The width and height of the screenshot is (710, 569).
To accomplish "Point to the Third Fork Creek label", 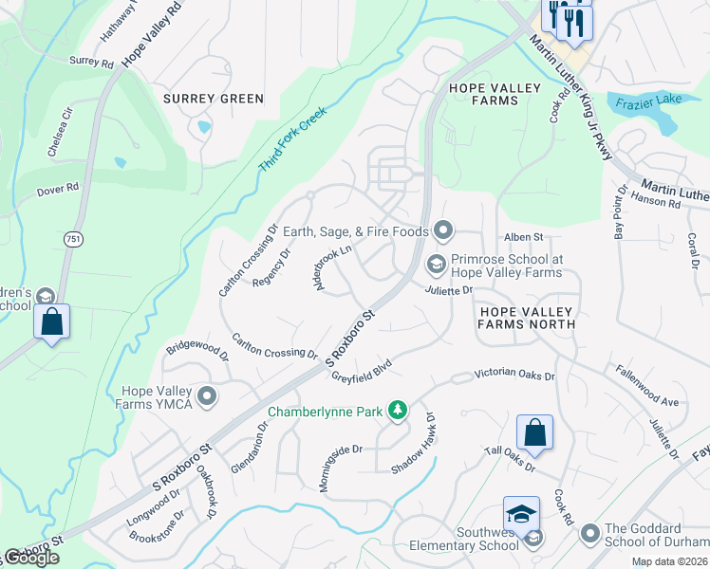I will coord(292,139).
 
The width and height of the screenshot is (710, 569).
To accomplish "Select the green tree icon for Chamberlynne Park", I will coord(400,411).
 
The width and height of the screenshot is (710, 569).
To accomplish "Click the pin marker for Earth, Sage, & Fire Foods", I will coord(442,229).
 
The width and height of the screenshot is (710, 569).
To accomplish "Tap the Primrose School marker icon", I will coord(437,263).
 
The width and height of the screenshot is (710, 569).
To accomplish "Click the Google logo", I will coord(31,559).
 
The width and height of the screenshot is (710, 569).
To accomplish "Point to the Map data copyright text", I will coord(669,561).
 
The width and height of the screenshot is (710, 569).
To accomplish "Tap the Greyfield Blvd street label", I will coord(362,369).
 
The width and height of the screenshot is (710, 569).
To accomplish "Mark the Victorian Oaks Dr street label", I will coord(514,375).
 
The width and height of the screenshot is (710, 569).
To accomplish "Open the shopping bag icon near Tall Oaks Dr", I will coord(535,432).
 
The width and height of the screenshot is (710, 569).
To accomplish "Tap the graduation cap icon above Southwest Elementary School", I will coord(521,514).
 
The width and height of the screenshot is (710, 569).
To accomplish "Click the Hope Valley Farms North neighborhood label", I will coord(527,318).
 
